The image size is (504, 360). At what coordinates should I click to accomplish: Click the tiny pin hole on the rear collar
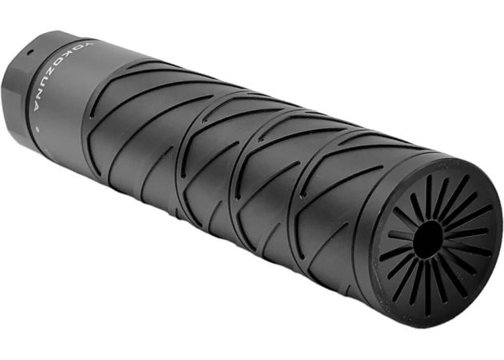point(28,52)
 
